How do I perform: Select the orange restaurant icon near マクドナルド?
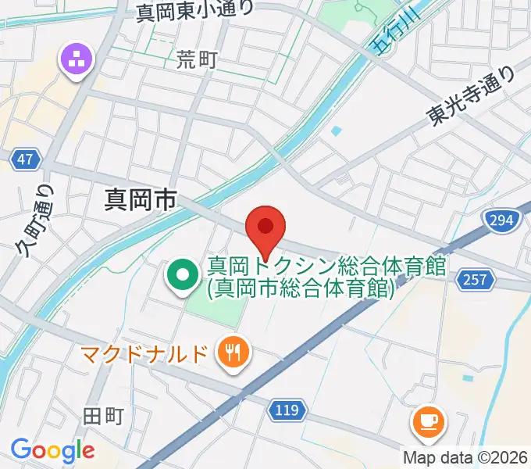(233, 351)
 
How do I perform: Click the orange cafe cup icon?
(427, 421)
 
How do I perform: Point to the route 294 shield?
(500, 220)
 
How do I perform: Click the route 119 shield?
(288, 408)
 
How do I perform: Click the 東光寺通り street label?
(471, 95)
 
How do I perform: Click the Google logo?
(52, 450)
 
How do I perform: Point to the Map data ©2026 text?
(465, 457)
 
